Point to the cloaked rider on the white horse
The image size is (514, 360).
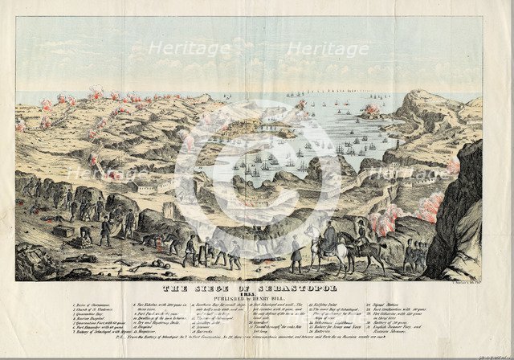tap(329, 235)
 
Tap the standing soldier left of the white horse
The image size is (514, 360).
tap(296, 254)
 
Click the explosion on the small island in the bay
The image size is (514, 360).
tap(373, 108)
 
